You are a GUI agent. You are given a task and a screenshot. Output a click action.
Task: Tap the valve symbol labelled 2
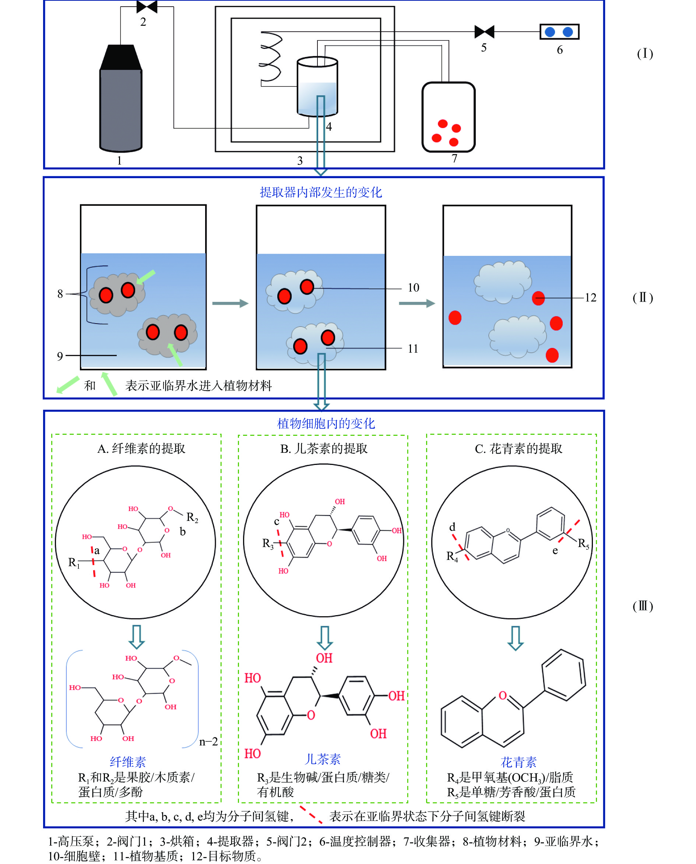click(147, 7)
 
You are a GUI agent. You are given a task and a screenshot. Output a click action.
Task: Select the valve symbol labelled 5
click(484, 32)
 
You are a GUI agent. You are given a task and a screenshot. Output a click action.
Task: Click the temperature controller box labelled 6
click(559, 32)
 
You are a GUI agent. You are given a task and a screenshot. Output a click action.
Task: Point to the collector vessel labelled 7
click(448, 117)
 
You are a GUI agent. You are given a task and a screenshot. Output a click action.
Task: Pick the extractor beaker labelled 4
click(317, 87)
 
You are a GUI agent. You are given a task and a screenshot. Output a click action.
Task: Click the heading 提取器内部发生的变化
click(321, 193)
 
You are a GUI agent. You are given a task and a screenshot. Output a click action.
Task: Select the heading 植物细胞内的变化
click(326, 423)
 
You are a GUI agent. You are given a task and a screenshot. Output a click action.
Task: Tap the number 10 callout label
click(413, 288)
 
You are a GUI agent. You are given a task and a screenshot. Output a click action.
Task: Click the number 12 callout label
click(591, 297)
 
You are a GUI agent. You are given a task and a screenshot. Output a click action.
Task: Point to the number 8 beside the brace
click(60, 294)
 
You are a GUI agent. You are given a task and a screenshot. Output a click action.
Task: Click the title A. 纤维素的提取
click(141, 448)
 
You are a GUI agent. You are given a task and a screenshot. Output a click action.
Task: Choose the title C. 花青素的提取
click(519, 448)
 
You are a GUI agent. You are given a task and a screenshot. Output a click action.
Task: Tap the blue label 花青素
click(519, 761)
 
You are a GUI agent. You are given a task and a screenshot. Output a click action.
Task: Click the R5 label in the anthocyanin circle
click(583, 543)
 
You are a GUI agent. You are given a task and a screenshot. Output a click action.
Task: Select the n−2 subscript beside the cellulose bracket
click(208, 741)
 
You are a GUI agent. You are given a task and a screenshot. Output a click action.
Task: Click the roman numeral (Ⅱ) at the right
click(643, 297)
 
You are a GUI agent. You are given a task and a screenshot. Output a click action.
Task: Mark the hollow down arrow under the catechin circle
click(324, 638)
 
